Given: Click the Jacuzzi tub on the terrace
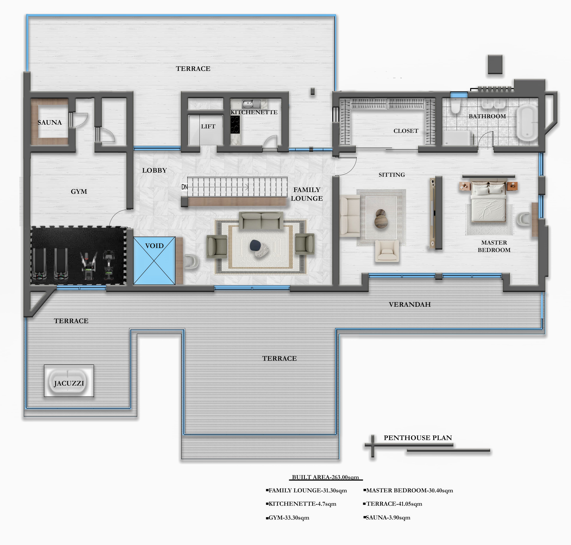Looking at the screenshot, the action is (x=69, y=381).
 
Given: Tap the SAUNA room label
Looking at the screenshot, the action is (x=50, y=122).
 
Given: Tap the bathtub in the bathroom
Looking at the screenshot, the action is (x=527, y=123).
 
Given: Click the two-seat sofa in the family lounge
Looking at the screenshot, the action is (x=261, y=220).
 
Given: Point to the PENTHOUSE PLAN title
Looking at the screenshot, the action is (x=418, y=438).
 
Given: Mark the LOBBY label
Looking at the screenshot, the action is (x=154, y=170).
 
